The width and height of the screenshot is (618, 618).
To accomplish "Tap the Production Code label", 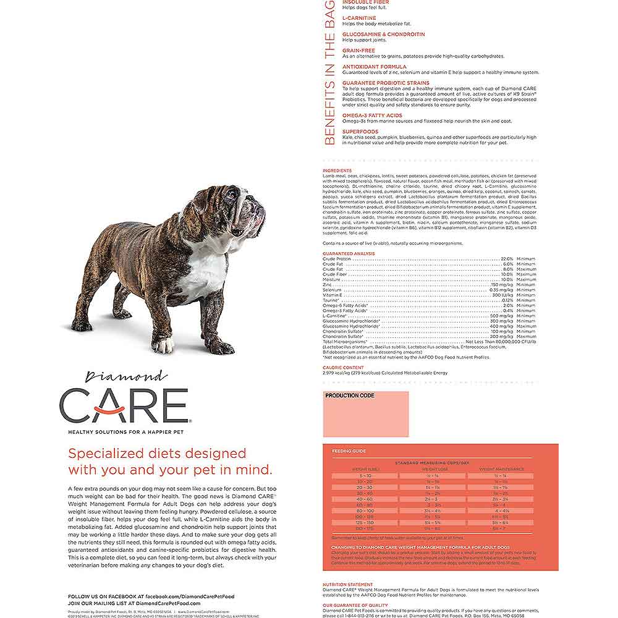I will (350, 396).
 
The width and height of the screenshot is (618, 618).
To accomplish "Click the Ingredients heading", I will (337, 171).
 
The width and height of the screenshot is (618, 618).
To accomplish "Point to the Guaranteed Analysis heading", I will (349, 253).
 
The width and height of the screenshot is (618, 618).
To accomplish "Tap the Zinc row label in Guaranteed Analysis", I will (328, 284).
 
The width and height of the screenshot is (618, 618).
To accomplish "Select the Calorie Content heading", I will (343, 368).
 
